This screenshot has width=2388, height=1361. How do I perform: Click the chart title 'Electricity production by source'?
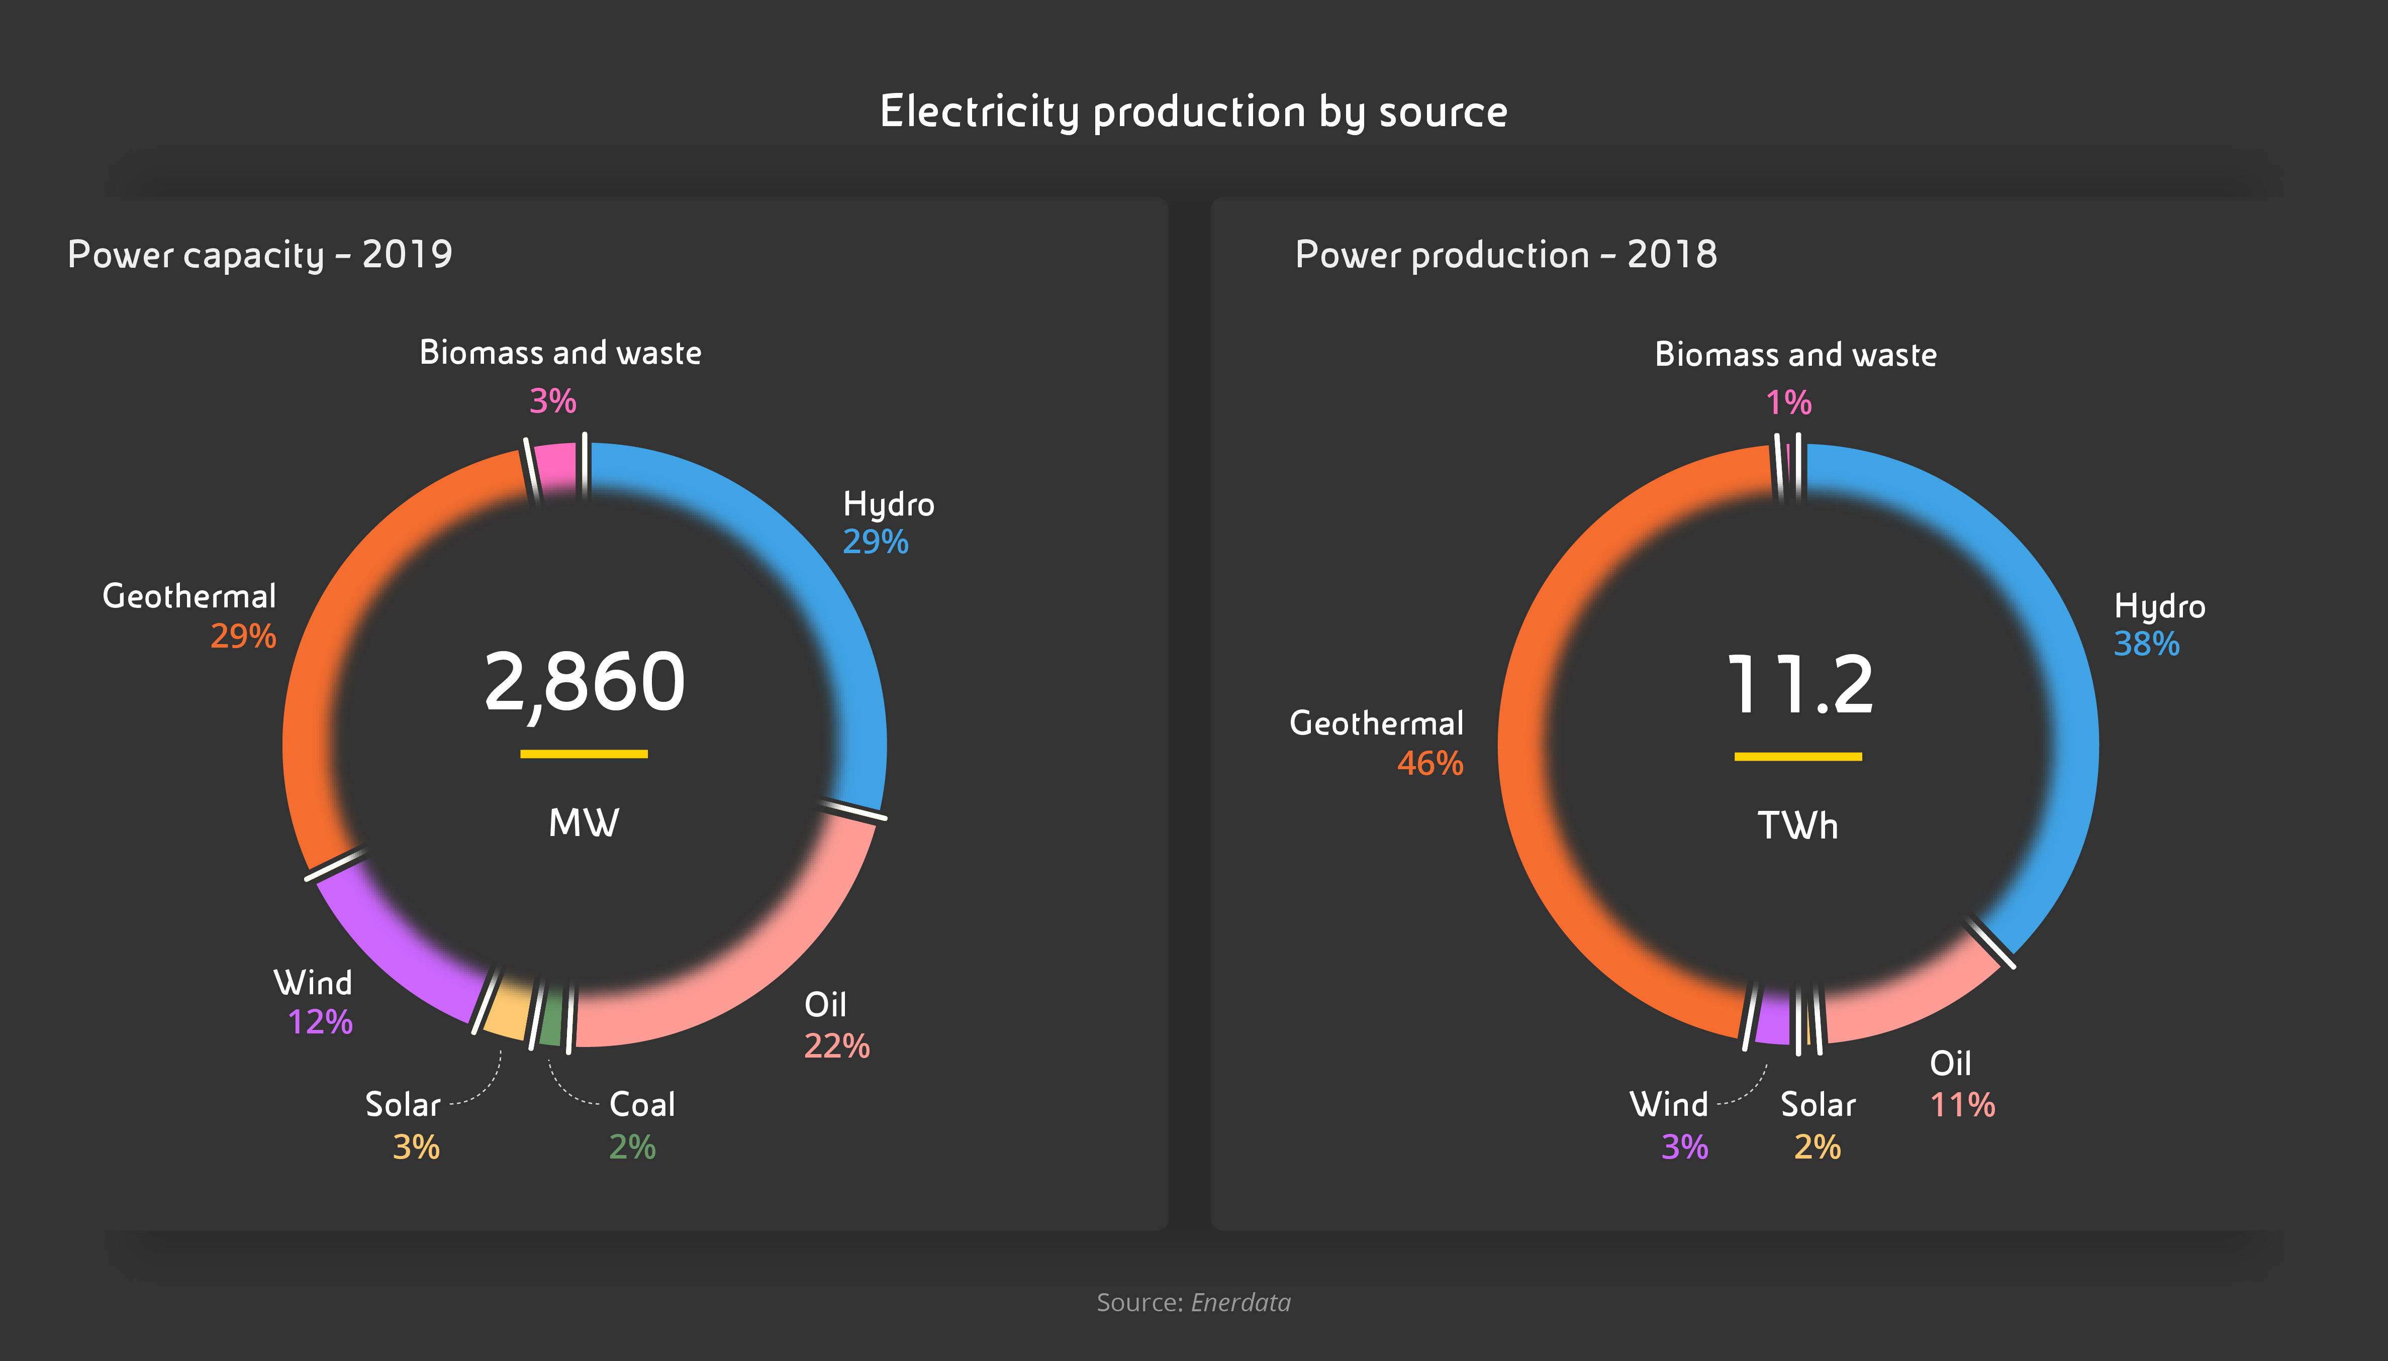(x=1193, y=111)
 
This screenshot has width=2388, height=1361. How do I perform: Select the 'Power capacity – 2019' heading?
(x=260, y=254)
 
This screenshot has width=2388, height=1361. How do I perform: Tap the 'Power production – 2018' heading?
(x=1505, y=254)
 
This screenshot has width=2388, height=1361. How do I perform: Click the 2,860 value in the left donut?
(x=585, y=682)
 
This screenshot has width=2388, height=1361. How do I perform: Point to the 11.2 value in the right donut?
(x=1799, y=685)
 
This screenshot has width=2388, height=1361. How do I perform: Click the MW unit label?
(x=584, y=822)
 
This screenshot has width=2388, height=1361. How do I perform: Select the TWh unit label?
(x=1797, y=825)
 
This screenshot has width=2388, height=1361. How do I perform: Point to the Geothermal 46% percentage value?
(x=1429, y=764)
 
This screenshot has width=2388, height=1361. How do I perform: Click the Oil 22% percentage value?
(x=837, y=1046)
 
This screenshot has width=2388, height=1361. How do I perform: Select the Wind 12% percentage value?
(x=320, y=1022)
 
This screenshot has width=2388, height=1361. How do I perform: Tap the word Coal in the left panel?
(x=641, y=1105)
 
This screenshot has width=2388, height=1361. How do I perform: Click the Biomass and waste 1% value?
(x=1788, y=403)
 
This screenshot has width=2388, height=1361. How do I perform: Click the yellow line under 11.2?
(x=1797, y=756)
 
